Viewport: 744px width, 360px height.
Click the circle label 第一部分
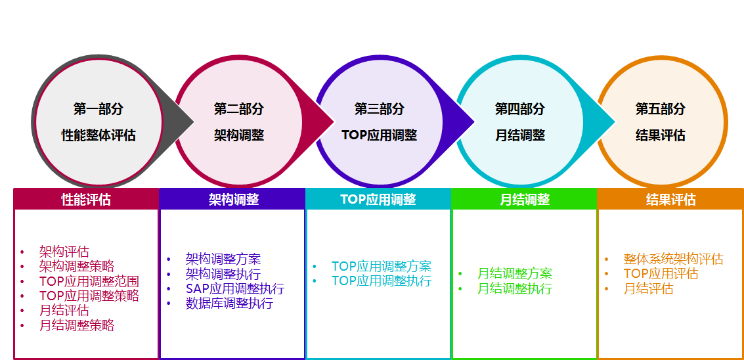(98, 109)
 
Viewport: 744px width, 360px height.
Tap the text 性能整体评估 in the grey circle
(98, 136)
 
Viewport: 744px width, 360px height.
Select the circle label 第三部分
(380, 109)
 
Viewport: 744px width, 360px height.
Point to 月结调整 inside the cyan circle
(520, 136)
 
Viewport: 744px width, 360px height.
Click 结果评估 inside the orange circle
(661, 136)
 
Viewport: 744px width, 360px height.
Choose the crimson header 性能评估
(86, 200)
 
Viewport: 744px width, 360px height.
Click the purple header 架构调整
(234, 200)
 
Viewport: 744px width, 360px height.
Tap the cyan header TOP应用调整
(378, 200)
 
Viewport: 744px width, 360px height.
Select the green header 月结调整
(525, 200)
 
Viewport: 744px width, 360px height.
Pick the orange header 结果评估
(671, 200)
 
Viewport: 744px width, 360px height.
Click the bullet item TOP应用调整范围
(89, 281)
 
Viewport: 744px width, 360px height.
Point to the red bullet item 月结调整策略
(77, 325)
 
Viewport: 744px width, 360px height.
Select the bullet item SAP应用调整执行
(235, 288)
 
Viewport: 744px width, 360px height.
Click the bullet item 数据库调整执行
(229, 304)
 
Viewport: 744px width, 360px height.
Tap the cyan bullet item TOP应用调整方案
(382, 266)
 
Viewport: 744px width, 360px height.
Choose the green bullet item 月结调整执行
(515, 288)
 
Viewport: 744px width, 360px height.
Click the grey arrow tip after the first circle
(194, 122)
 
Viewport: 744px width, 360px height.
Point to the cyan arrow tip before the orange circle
(615, 122)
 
